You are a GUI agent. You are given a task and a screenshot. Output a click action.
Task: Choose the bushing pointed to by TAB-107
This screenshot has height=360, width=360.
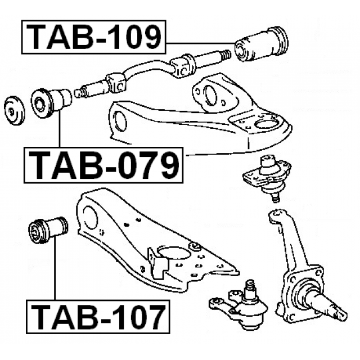pyautogui.click(x=47, y=228)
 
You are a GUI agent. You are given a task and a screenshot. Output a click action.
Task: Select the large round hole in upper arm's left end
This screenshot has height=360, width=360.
pyautogui.click(x=120, y=122)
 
